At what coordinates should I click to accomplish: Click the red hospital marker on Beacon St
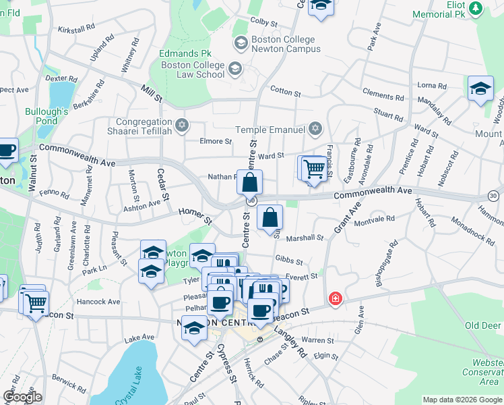coord(334,298)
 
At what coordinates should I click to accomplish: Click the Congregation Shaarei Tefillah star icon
coord(181,125)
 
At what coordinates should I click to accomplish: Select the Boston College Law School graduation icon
coord(234,68)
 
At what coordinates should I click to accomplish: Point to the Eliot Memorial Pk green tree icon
coord(476,8)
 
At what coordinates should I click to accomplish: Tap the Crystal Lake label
coord(133,396)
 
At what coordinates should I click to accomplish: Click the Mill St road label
coord(152,93)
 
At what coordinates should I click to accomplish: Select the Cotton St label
coord(285,90)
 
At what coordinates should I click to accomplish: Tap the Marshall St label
coord(305,238)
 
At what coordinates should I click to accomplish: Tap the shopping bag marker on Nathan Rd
coord(249,182)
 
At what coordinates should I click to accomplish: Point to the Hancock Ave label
coord(98,302)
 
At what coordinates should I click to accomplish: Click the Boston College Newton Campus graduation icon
coord(241,44)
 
